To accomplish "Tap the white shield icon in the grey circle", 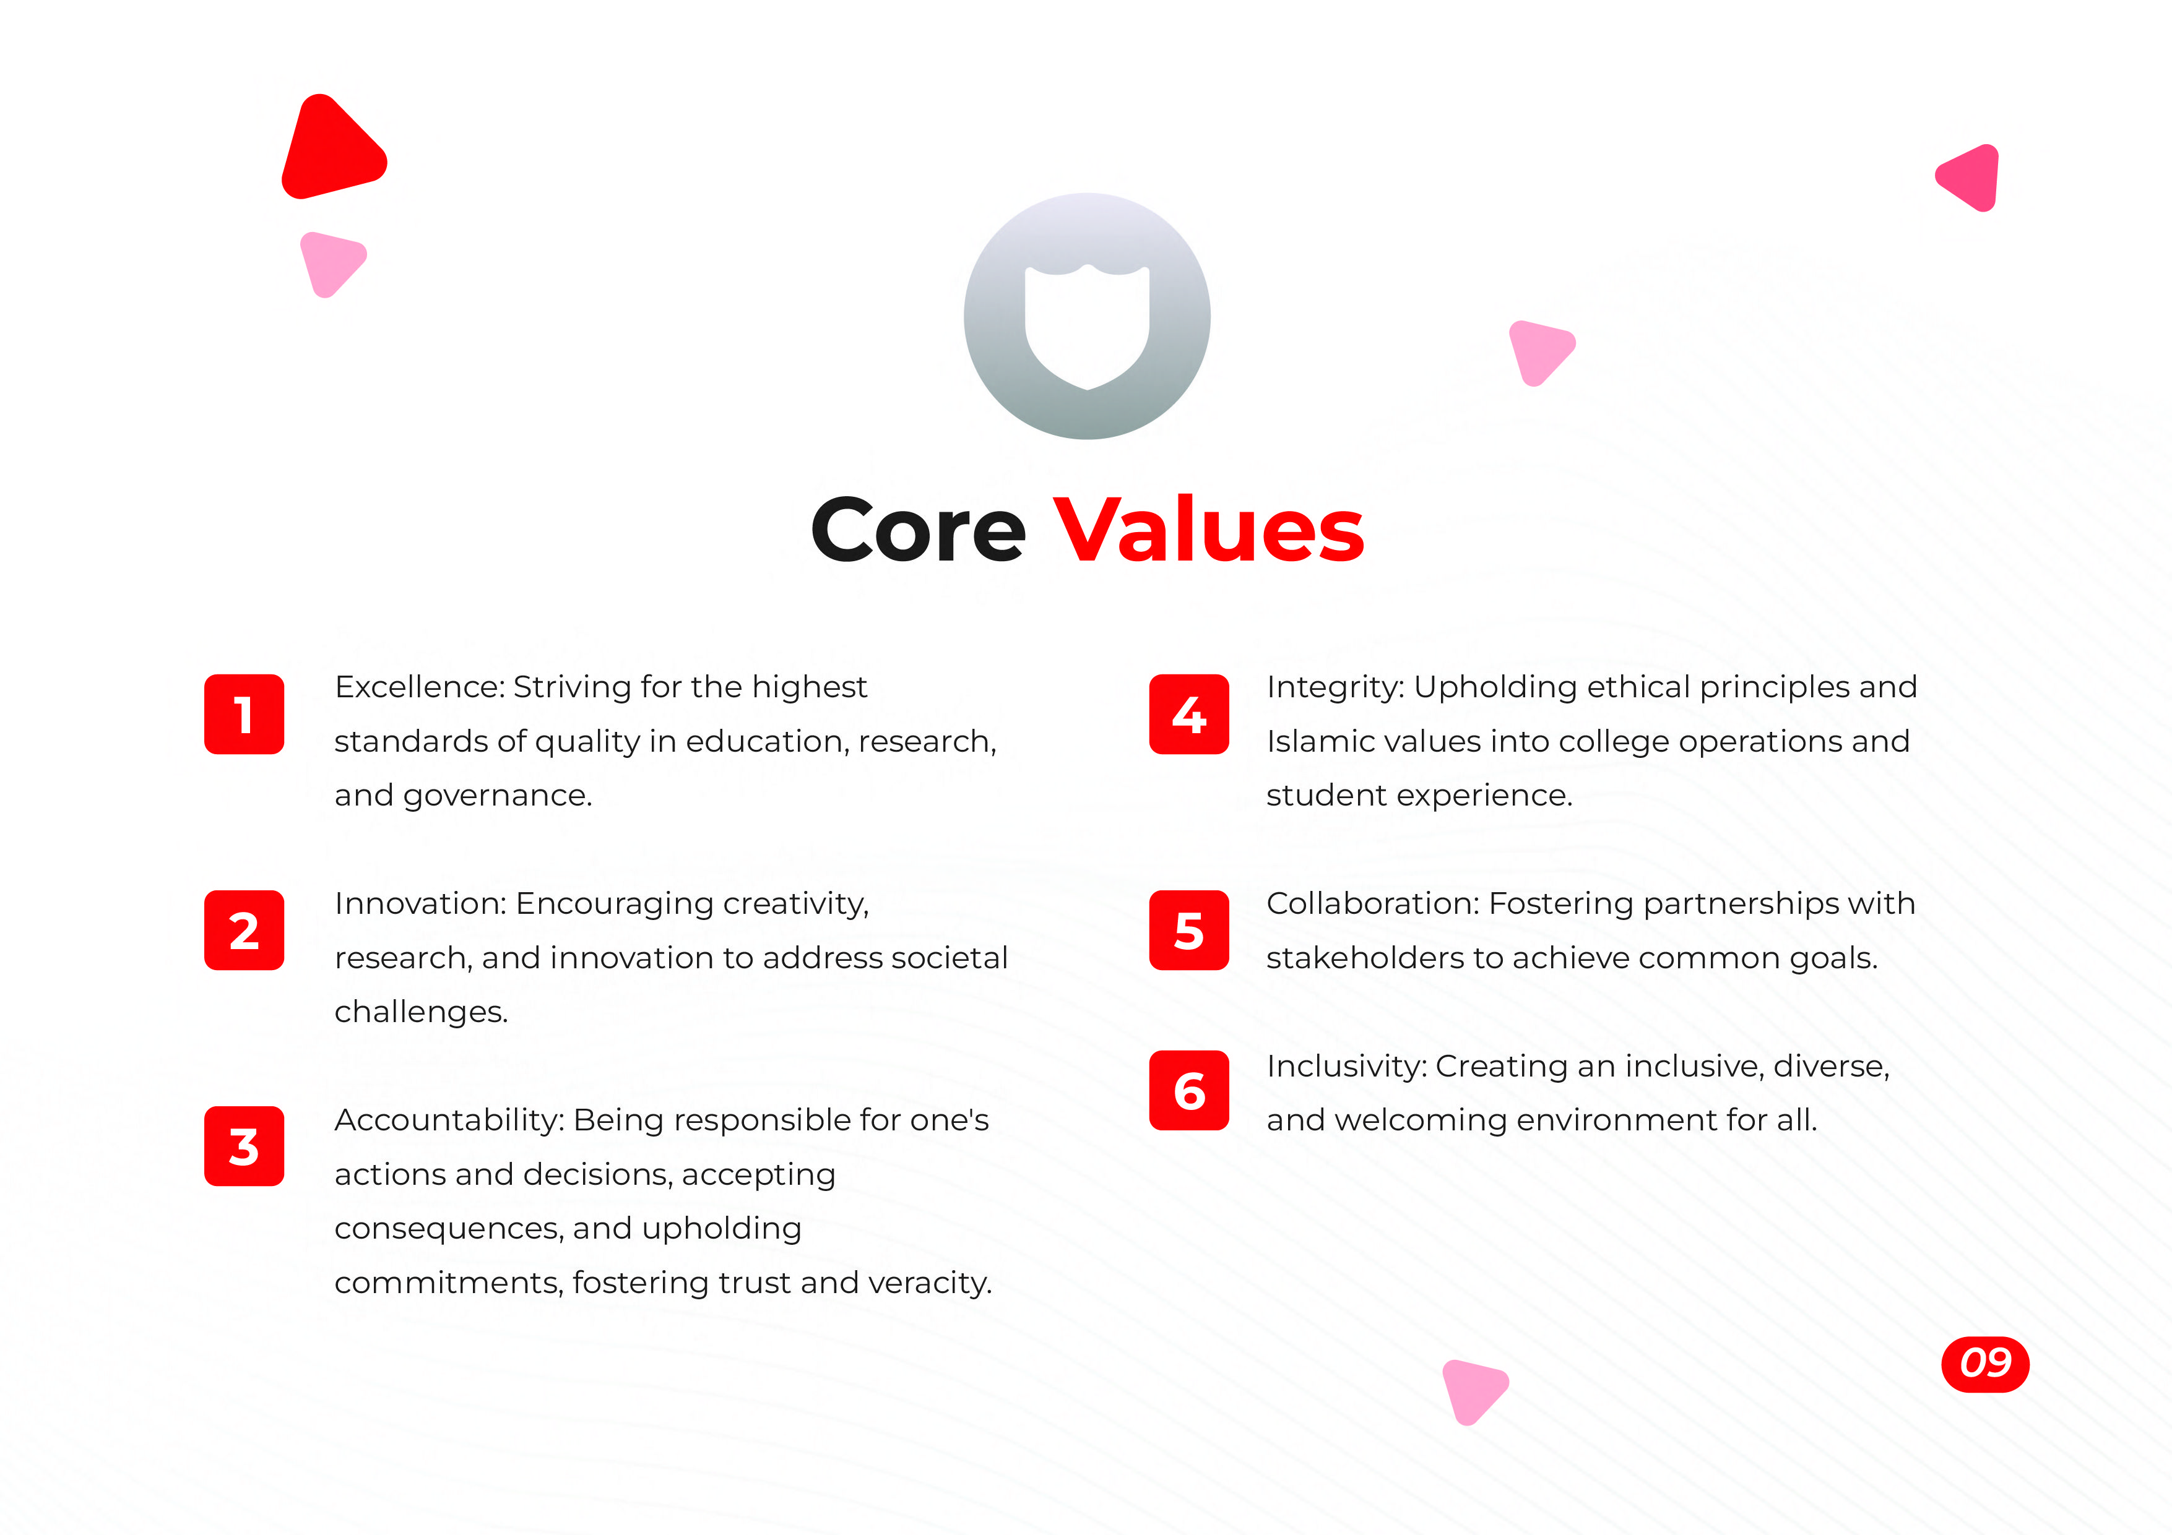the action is pos(1087,326).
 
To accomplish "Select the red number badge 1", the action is pos(244,714).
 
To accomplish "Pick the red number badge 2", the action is pos(244,931).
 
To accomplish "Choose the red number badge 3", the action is pos(244,1146).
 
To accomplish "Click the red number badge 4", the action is pos(1189,714).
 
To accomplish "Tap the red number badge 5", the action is pos(1189,931).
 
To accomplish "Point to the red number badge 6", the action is pos(1189,1091).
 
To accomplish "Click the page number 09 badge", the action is pos(1984,1364).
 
